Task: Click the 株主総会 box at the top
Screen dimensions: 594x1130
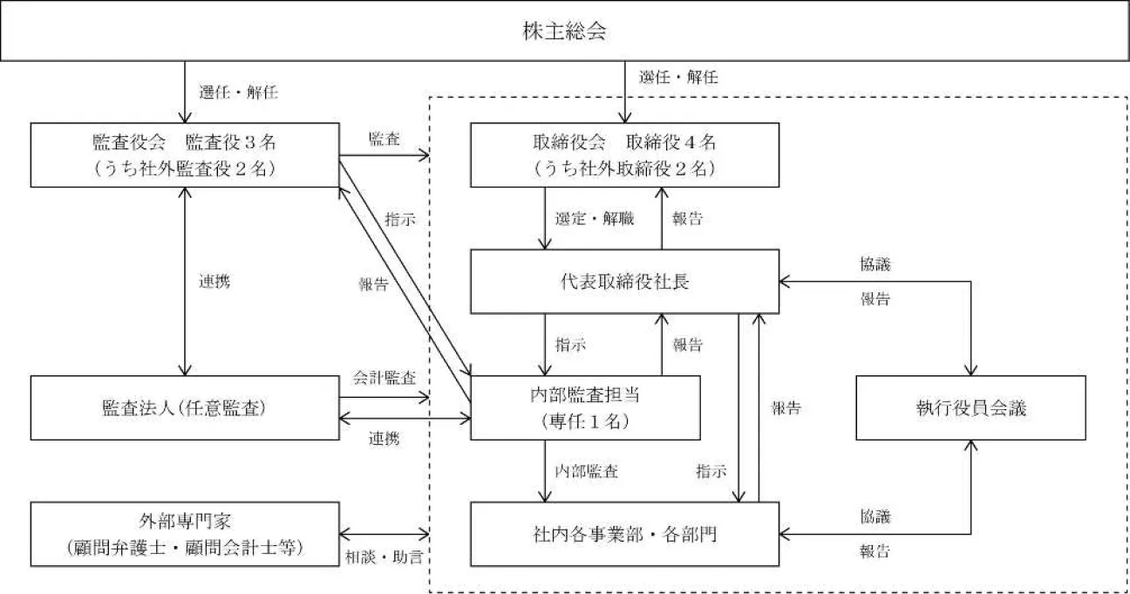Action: click(x=564, y=33)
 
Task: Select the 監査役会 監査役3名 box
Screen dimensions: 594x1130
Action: click(x=184, y=154)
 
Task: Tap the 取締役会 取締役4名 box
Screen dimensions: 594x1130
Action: click(x=624, y=154)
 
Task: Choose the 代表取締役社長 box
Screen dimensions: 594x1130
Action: click(x=624, y=281)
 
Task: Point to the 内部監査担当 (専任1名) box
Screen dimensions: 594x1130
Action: click(x=585, y=407)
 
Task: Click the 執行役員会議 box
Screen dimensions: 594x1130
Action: click(x=970, y=407)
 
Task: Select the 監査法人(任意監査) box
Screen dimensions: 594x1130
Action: click(x=184, y=407)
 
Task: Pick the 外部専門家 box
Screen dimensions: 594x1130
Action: click(x=184, y=534)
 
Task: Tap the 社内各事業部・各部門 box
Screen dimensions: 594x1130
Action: click(x=624, y=534)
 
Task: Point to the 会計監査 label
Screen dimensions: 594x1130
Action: click(x=384, y=379)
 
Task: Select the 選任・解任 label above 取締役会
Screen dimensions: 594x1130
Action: click(x=678, y=78)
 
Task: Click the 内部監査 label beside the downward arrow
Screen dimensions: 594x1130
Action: click(x=587, y=471)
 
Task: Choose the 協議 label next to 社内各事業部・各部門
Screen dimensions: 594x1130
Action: click(x=875, y=517)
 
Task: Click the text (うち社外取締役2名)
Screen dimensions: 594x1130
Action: click(x=624, y=169)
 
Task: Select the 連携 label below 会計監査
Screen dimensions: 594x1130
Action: click(x=384, y=439)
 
